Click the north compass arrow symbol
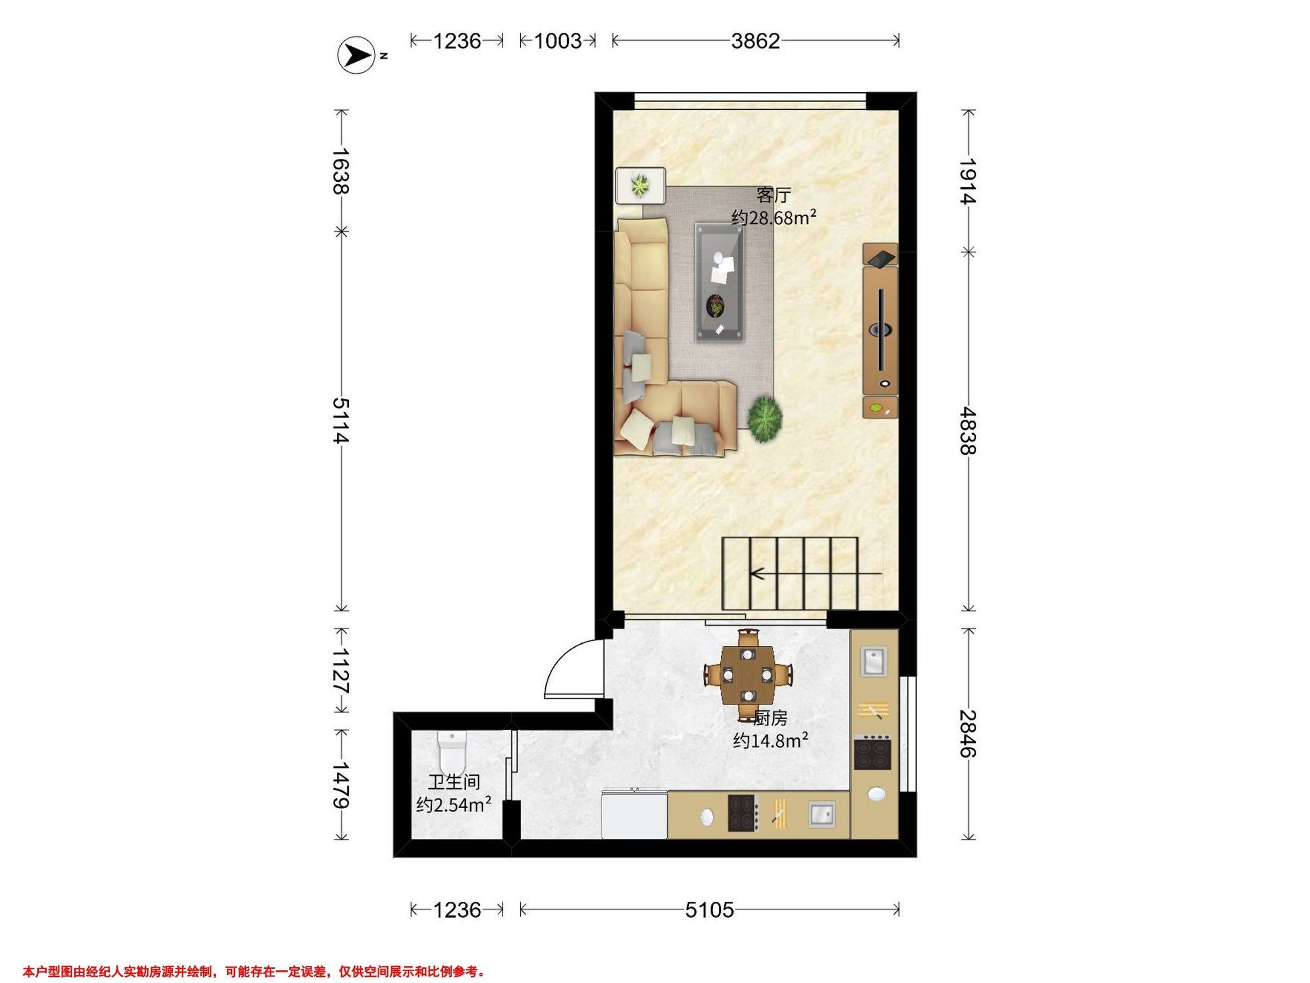pos(356,56)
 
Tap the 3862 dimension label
pos(755,41)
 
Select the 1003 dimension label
pos(558,41)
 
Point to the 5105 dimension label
pos(710,909)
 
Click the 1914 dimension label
pos(968,181)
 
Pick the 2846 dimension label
pos(968,733)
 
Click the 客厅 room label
pos(773,195)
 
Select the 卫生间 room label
pos(454,782)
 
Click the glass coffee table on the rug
pos(719,282)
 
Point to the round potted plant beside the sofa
pos(765,419)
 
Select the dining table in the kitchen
pos(748,675)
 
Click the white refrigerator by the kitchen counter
pos(634,814)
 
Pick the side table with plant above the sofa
pos(640,186)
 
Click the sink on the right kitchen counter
pos(874,661)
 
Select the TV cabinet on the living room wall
pos(880,330)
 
